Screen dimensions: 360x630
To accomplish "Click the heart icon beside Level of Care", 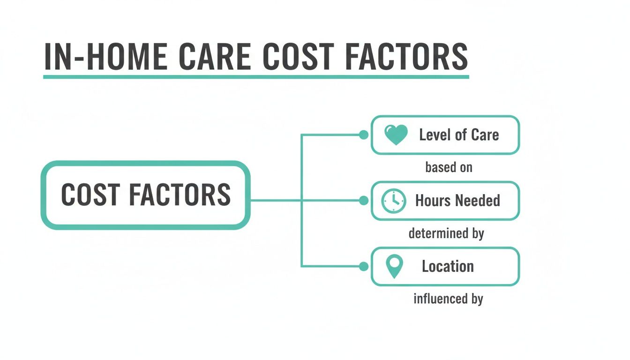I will pyautogui.click(x=396, y=135).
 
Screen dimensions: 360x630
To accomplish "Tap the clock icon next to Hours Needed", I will pyautogui.click(x=393, y=201).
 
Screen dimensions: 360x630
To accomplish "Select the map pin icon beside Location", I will pyautogui.click(x=394, y=267).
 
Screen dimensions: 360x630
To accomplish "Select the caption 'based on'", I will pyautogui.click(x=449, y=167).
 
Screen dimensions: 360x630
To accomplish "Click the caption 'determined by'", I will pyautogui.click(x=446, y=233).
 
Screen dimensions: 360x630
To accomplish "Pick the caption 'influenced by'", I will pyautogui.click(x=448, y=299).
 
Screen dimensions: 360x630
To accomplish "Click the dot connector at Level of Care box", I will pyautogui.click(x=363, y=135).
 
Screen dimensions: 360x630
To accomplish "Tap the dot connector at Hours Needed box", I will pyautogui.click(x=363, y=201).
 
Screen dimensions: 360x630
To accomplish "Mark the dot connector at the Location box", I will pyautogui.click(x=363, y=266).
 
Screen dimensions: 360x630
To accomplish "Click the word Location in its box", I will pyautogui.click(x=448, y=267).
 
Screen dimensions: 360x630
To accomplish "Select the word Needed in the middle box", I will pyautogui.click(x=477, y=201).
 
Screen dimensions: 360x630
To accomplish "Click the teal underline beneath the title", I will pyautogui.click(x=256, y=76).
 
